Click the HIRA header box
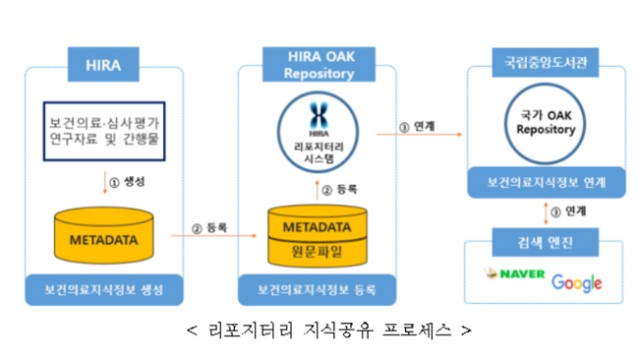(x=103, y=68)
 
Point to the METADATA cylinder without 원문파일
(x=102, y=236)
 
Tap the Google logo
(x=577, y=283)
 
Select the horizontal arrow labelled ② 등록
(x=205, y=237)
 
